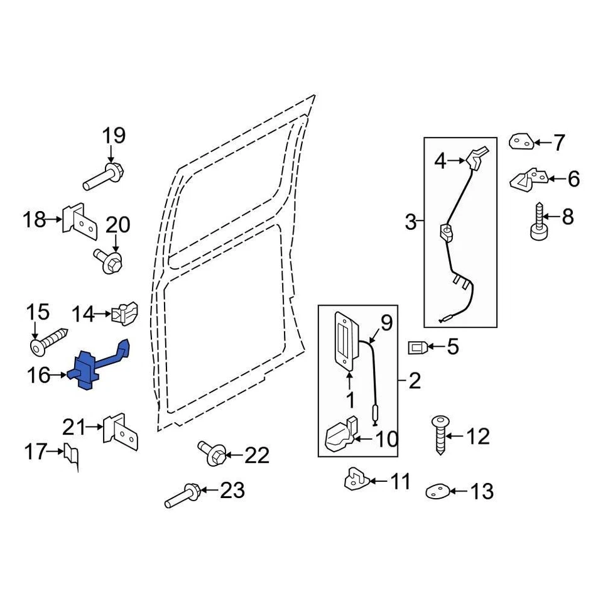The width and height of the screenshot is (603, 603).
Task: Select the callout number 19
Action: pyautogui.click(x=114, y=135)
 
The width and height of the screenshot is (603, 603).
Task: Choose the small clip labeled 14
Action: pyautogui.click(x=125, y=313)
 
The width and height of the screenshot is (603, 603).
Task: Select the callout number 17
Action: pyautogui.click(x=36, y=451)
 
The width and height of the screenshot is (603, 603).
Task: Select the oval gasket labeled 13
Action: pyautogui.click(x=437, y=491)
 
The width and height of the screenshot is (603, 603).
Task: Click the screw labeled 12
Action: pyautogui.click(x=440, y=436)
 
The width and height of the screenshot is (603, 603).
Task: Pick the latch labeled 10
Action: pyautogui.click(x=341, y=436)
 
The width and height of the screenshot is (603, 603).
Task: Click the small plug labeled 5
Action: pyautogui.click(x=419, y=346)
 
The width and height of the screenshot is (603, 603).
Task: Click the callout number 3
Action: pyautogui.click(x=411, y=222)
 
